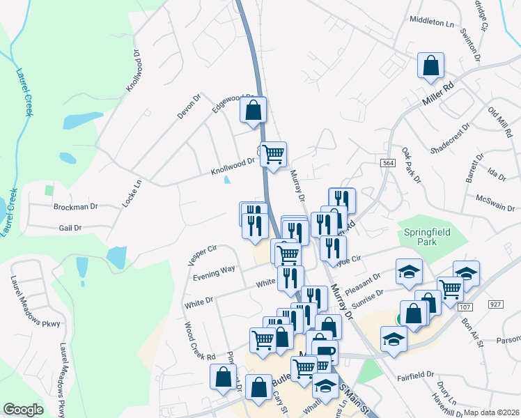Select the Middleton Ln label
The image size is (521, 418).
433,22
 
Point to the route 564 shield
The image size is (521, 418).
389,162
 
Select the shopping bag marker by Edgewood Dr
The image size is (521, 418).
253,109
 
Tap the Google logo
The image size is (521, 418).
23,410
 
